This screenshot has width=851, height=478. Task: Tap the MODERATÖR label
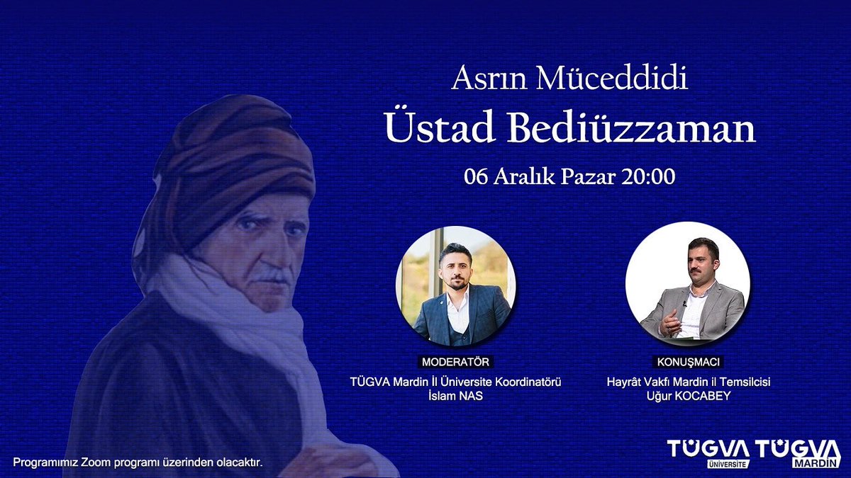coord(455,362)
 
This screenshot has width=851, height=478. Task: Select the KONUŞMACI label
coord(688,362)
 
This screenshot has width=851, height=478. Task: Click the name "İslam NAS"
coord(455,396)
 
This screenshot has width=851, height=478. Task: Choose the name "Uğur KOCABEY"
coord(688,396)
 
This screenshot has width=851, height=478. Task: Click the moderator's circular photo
coord(455,287)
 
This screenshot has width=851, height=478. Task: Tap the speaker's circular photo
coord(687,283)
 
